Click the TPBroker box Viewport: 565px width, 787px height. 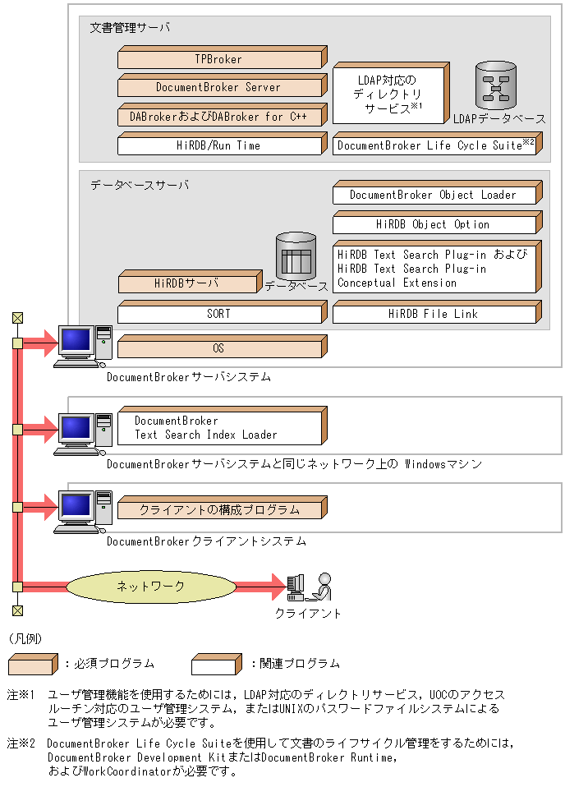coord(220,59)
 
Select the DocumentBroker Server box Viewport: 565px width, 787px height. coord(220,87)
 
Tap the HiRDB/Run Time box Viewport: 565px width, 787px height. coord(220,145)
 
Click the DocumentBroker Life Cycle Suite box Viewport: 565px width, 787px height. coord(435,145)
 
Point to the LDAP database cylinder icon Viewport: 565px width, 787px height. coord(495,85)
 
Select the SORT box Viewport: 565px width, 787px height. coord(220,314)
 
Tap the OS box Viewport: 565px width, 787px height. coord(220,348)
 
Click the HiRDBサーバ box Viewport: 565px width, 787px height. coord(187,284)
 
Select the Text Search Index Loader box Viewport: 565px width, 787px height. coord(220,428)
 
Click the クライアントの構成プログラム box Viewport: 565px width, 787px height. coord(220,510)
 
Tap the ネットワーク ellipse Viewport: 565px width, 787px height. coord(149,586)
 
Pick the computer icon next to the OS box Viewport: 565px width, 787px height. coord(83,346)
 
